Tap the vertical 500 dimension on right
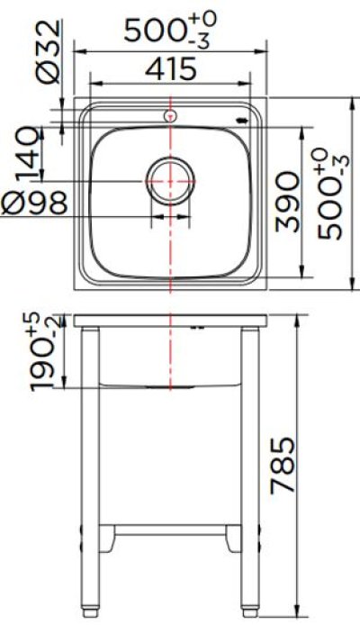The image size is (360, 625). [333, 194]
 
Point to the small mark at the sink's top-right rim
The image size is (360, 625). [242, 117]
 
